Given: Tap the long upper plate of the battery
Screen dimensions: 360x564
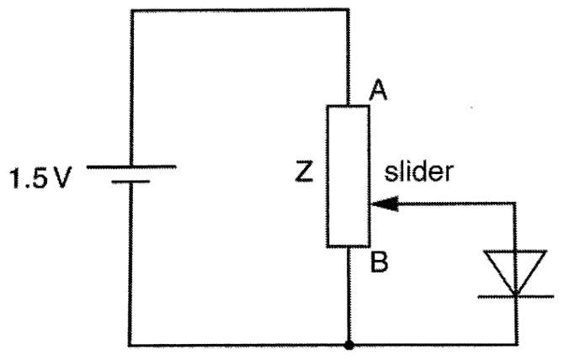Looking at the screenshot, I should tap(131, 166).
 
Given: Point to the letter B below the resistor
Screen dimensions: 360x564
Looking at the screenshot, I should tap(379, 263).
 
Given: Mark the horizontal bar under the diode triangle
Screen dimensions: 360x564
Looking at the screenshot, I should tap(514, 295).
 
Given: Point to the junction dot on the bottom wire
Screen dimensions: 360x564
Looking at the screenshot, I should tap(349, 343).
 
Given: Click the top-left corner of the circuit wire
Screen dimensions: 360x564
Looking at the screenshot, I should tap(130, 9).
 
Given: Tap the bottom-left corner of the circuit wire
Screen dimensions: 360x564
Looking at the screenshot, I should tap(130, 343).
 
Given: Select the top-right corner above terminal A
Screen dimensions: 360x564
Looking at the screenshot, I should tap(348, 9).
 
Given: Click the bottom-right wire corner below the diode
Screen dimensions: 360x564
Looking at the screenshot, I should tap(514, 343).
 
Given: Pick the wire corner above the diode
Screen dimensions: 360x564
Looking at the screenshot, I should tap(514, 202).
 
